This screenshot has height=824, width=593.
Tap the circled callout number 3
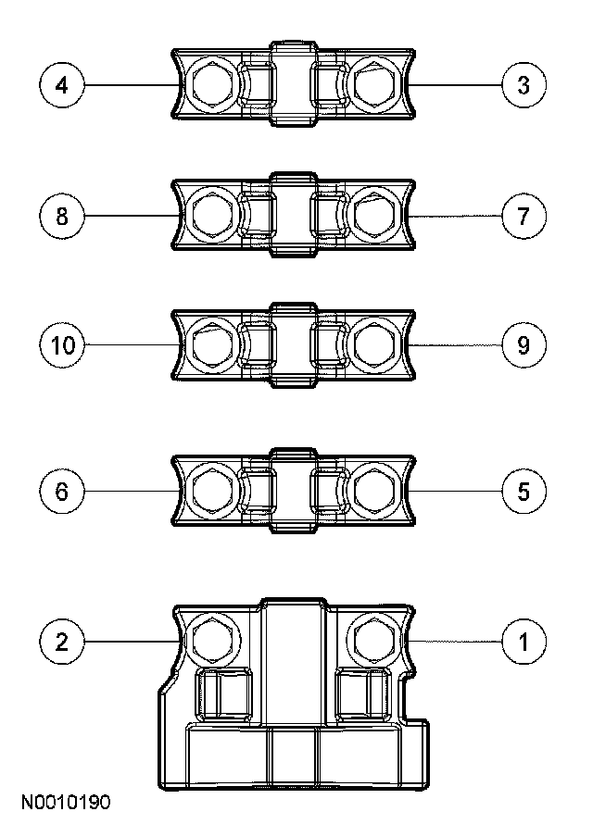tap(524, 86)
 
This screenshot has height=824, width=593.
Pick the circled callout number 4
tap(62, 86)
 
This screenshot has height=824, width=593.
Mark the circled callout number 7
tap(524, 217)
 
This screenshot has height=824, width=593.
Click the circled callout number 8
tap(62, 217)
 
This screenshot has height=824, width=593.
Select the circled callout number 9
tap(524, 345)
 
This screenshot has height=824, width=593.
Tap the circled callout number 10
tap(62, 345)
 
